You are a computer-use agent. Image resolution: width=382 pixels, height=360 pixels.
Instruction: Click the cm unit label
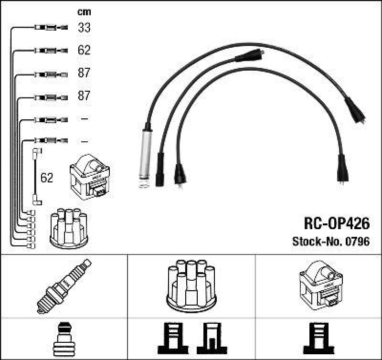point(84,12)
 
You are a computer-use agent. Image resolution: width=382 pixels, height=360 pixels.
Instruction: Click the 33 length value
point(84,28)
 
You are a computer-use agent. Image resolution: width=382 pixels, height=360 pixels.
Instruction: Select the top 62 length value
point(84,50)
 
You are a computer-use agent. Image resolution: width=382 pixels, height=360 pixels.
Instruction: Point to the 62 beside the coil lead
point(47,178)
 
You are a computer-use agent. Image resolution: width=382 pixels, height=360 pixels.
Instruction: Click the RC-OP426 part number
point(337,223)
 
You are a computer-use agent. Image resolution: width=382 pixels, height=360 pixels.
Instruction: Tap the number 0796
point(358,242)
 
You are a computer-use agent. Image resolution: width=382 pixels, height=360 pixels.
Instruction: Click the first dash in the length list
point(84,118)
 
